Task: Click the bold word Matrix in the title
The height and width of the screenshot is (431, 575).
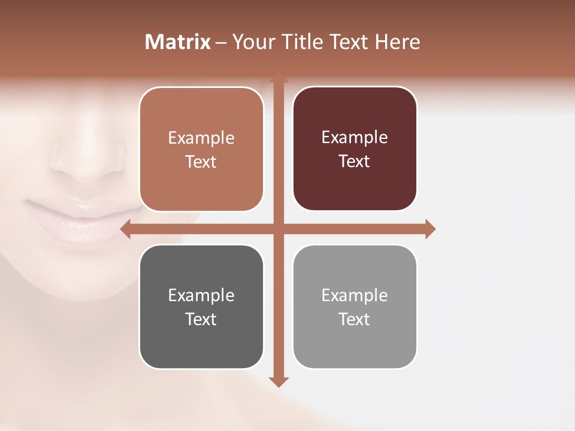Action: click(x=178, y=42)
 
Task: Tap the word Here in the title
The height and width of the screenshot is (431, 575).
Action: click(x=397, y=42)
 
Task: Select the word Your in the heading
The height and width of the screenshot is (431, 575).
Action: click(x=250, y=42)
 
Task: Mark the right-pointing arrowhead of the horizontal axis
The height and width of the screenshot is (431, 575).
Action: click(x=430, y=229)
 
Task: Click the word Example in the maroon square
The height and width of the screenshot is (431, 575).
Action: click(x=355, y=138)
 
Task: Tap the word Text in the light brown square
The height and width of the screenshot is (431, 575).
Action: click(x=201, y=162)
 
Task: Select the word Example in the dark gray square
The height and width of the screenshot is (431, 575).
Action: click(x=201, y=295)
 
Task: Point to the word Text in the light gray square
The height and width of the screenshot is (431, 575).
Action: click(x=355, y=319)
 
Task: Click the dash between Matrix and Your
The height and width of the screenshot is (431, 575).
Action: click(x=221, y=43)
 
